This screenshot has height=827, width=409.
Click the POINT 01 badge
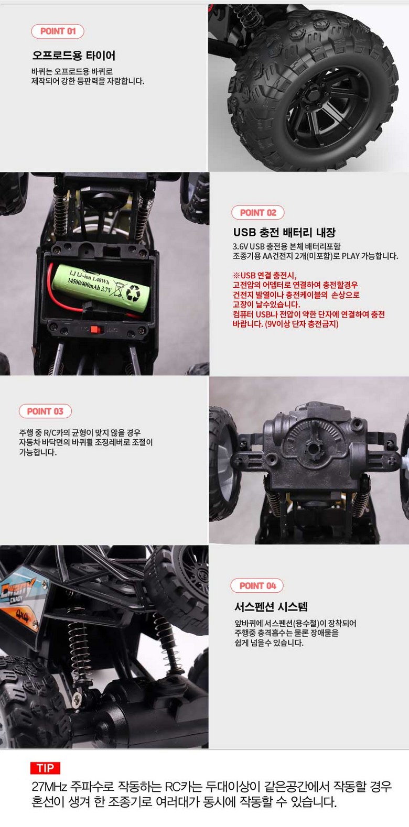[58, 31]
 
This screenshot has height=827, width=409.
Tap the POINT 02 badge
[258, 213]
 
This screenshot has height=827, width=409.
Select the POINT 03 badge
[45, 411]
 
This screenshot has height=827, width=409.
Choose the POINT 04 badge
[257, 585]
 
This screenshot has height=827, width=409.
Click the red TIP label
[45, 768]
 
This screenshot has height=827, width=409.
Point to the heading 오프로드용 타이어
[74, 56]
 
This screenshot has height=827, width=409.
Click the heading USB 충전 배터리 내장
[284, 232]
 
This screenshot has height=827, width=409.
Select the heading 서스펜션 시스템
[271, 606]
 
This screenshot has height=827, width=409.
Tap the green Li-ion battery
[101, 288]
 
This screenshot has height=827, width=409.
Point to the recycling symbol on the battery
[133, 292]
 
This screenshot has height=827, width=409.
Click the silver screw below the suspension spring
[77, 699]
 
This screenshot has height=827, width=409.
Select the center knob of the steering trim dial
[313, 449]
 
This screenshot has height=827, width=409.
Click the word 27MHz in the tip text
[49, 787]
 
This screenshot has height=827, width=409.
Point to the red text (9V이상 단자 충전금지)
[302, 324]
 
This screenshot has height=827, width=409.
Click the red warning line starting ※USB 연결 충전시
[264, 275]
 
